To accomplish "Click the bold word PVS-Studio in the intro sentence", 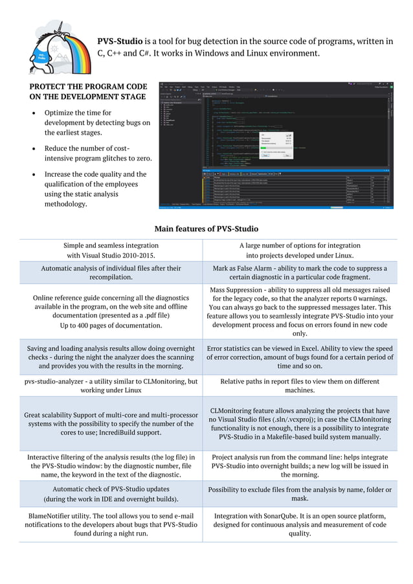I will (120, 41).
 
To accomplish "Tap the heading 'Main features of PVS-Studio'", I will (206, 229).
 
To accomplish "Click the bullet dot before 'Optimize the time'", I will (34, 113).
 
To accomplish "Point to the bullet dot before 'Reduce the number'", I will (34, 149).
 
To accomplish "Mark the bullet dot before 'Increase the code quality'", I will (34, 174).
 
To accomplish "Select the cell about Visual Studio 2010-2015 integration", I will (111, 251).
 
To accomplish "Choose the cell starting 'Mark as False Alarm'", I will (300, 272).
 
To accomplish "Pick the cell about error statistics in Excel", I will (300, 357).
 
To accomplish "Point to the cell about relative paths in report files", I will (300, 386).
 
